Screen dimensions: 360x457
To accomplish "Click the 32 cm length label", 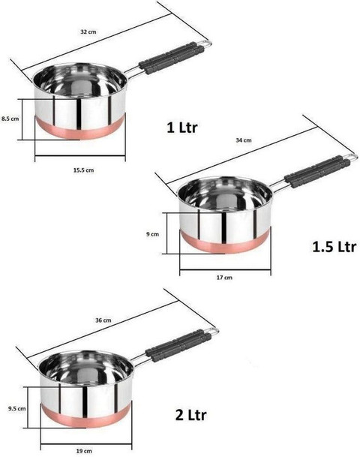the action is coord(88,32).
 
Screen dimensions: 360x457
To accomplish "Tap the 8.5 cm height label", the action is coord(10,119).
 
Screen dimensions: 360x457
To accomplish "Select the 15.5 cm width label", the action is coord(83,170).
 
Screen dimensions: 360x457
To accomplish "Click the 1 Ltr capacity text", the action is coord(182,128).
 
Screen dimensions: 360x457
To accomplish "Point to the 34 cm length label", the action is coord(244,140).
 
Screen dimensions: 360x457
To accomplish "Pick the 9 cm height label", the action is coord(152,234).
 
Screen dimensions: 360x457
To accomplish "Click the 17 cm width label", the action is coord(224,278).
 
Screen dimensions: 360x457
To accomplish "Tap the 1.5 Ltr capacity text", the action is coord(334,247).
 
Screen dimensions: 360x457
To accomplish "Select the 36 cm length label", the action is coord(103,320).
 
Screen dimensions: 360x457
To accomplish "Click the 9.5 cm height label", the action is coord(17,409).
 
